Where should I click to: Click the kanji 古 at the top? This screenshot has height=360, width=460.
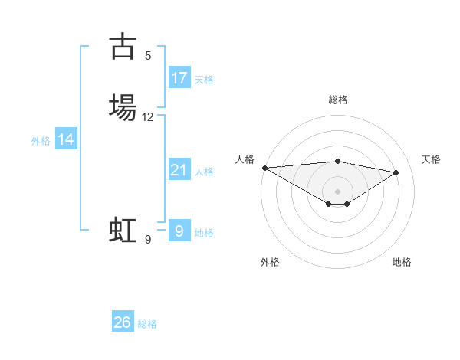[x=123, y=47]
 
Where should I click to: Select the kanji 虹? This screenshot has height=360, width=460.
[x=123, y=230]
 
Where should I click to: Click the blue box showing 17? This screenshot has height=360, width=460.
[x=179, y=78]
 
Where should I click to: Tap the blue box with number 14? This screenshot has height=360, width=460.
[x=66, y=139]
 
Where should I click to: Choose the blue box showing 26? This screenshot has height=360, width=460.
[x=123, y=322]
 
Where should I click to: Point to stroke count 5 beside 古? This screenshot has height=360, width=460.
[x=148, y=55]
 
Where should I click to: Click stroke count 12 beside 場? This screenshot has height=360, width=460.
[x=148, y=117]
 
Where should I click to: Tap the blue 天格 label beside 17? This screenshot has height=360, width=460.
[x=204, y=80]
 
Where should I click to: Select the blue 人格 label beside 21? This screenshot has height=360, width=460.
[x=204, y=172]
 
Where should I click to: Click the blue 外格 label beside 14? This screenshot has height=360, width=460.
[x=41, y=141]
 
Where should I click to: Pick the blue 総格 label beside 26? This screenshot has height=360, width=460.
[x=147, y=324]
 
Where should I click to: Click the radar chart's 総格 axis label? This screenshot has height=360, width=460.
[x=338, y=100]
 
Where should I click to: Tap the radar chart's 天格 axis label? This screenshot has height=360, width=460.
[x=431, y=159]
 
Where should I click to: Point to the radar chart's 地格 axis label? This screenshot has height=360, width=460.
[x=402, y=262]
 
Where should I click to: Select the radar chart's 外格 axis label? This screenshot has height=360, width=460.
[x=270, y=262]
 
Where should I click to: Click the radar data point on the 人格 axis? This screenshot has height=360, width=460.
[x=264, y=168]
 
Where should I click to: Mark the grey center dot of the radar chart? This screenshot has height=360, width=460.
[x=337, y=191]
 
